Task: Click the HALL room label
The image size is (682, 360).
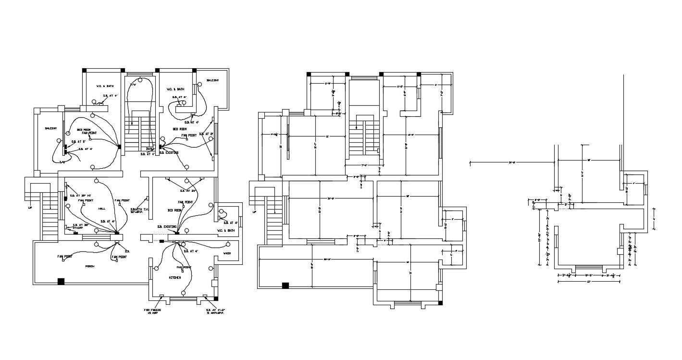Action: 102,209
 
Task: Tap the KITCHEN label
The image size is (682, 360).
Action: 174,278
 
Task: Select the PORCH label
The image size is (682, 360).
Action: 90,266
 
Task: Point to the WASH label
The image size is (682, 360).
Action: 227,253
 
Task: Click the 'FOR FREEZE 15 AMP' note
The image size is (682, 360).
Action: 152,311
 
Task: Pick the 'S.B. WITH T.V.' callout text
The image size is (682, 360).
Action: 139,210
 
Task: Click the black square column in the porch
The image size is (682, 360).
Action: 61,281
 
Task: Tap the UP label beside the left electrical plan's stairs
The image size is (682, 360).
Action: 30,209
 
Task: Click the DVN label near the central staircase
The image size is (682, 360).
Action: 149,149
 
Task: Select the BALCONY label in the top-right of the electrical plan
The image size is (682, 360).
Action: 213,80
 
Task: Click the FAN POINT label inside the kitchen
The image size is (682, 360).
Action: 184,267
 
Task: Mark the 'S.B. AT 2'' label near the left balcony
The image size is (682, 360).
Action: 78,142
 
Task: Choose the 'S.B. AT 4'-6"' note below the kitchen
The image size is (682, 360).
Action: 215,311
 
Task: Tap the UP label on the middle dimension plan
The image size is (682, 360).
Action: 254,212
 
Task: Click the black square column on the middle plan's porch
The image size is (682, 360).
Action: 285,286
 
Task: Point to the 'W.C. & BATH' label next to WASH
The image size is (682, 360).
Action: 228,231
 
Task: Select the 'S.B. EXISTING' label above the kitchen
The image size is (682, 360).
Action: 167,226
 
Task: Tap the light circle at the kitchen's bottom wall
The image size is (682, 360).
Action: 184,293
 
